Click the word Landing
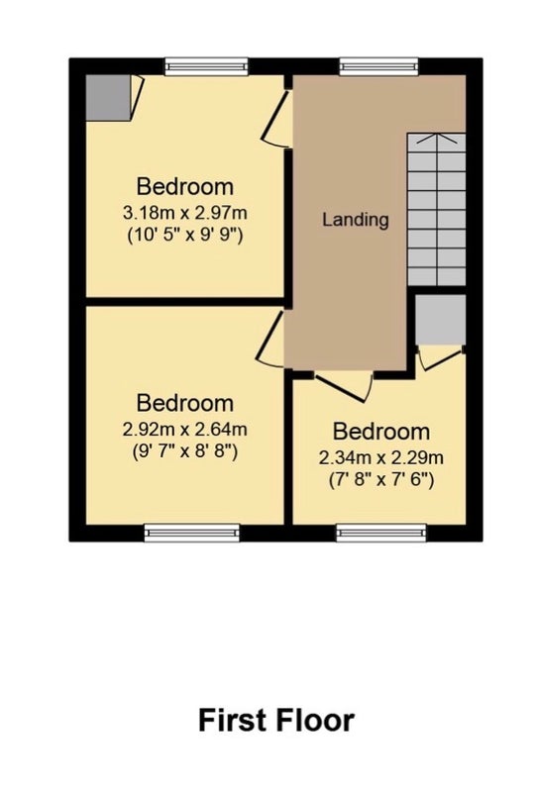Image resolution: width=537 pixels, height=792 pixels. point(356,220)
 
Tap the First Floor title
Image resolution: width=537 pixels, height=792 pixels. point(276,721)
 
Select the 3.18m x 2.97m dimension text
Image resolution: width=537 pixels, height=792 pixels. point(185,213)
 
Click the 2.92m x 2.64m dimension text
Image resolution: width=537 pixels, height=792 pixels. point(185,430)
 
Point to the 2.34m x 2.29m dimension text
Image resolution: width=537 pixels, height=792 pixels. point(381,457)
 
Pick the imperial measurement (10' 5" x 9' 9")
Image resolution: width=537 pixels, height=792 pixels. point(185,235)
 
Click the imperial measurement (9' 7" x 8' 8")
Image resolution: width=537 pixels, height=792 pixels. point(185,451)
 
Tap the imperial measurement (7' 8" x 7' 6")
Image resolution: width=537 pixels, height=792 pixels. point(381,479)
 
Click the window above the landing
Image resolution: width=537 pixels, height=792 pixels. point(379,66)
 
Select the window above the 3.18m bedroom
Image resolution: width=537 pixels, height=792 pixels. point(207,66)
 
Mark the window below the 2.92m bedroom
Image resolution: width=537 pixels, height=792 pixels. point(191,533)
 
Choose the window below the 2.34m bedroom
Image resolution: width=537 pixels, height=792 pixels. point(381,533)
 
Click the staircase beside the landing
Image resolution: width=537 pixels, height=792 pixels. point(436,210)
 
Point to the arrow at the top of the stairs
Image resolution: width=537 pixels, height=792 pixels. point(435,137)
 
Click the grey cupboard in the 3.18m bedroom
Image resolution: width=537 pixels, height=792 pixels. point(107,98)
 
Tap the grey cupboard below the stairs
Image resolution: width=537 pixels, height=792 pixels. point(441,320)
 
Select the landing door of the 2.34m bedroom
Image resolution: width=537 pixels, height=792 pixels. point(344,388)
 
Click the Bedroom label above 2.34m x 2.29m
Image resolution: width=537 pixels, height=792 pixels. point(381,432)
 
